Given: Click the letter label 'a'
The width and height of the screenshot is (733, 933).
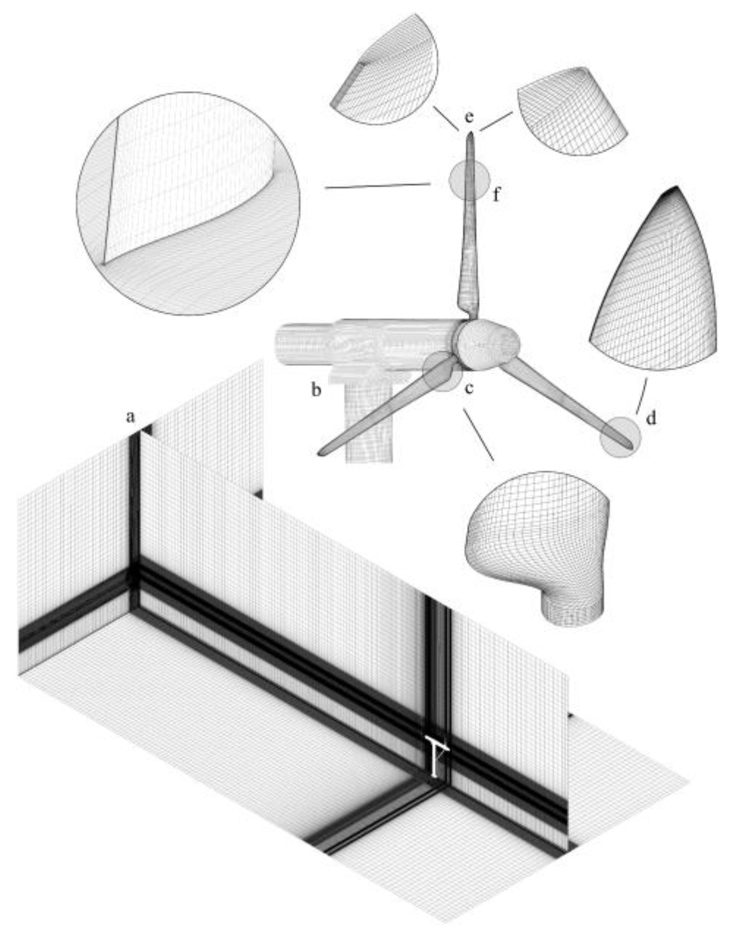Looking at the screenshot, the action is pos(130,417).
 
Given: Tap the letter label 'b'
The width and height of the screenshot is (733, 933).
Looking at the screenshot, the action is pos(317,390).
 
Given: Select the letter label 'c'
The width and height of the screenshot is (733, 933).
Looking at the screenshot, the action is pos(469,389).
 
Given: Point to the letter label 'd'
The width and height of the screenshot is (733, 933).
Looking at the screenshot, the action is pos(651,418).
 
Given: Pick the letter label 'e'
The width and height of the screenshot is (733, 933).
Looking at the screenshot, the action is pos(469,118).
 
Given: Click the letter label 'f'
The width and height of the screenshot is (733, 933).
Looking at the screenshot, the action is pos(497,195).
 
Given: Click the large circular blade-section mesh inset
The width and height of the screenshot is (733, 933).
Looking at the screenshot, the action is pos(188,203).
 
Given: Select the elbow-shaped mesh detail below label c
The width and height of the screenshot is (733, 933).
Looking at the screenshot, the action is pos(537,547).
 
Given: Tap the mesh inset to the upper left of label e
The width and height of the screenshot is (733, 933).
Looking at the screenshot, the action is pos(386,68).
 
